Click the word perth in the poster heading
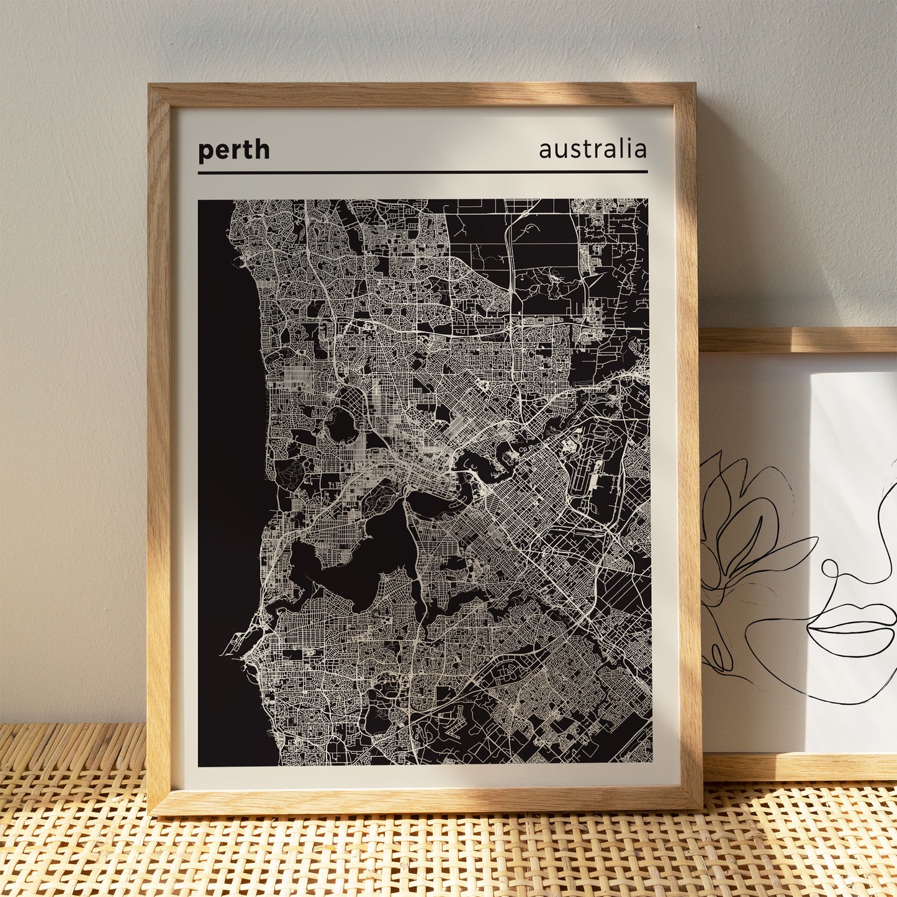click(233, 151)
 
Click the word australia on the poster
click(592, 150)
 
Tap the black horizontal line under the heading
click(422, 172)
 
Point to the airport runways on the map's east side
click(587, 472)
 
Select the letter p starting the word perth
click(205, 152)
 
